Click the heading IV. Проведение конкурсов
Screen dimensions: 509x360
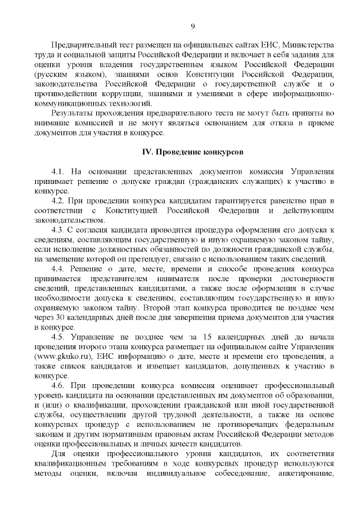(x=192, y=152)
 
